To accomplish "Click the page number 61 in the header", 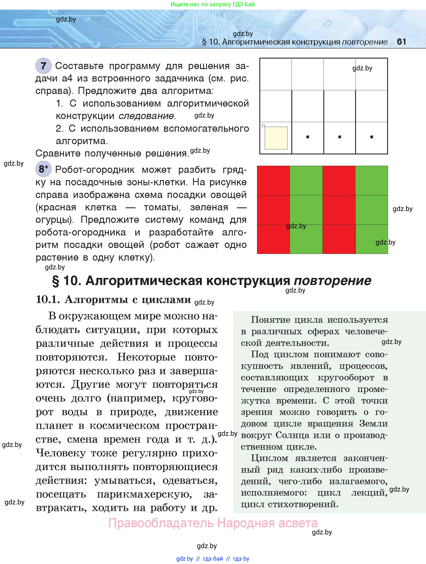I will [402, 42].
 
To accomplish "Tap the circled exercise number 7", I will [43, 66].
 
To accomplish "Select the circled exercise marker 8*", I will [43, 169].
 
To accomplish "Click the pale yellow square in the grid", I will [276, 138].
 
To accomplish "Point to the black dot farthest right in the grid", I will [372, 137].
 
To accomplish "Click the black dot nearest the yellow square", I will [307, 137].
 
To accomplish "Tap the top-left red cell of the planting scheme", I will [273, 181].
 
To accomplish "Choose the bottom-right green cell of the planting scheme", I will [372, 239].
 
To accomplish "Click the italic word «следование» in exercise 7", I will [146, 116].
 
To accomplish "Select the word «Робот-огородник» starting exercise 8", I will [95, 170].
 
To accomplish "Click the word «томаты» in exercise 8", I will [162, 207].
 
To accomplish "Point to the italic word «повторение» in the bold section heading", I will [332, 281].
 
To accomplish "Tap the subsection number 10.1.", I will [48, 299].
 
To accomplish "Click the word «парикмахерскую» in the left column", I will [145, 494].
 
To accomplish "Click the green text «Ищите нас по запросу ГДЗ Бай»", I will [213, 4].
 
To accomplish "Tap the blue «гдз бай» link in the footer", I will [213, 559].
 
